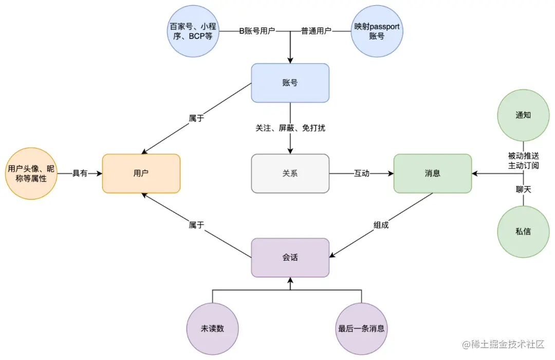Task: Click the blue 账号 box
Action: point(290,83)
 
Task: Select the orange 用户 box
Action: point(141,174)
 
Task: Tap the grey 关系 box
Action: point(290,174)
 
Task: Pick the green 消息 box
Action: point(432,174)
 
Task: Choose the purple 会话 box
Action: point(290,257)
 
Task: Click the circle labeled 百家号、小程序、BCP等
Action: point(194,31)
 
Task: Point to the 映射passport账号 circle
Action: point(377,31)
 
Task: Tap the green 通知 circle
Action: point(523,115)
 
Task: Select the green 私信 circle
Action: point(523,231)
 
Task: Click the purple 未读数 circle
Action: point(212,329)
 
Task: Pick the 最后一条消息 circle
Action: point(361,329)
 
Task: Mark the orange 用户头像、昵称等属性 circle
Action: point(31,174)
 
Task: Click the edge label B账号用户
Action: point(257,31)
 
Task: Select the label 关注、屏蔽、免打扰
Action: point(290,128)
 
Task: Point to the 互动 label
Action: point(361,174)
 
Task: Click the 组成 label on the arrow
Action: point(381,224)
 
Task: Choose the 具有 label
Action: point(80,174)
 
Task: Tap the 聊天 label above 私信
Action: point(523,190)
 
